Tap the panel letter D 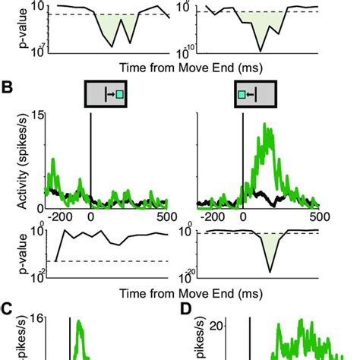click(x=186, y=309)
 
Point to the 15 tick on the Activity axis click(x=36, y=115)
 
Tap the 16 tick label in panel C click(x=36, y=319)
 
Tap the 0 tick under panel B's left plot click(x=91, y=216)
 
